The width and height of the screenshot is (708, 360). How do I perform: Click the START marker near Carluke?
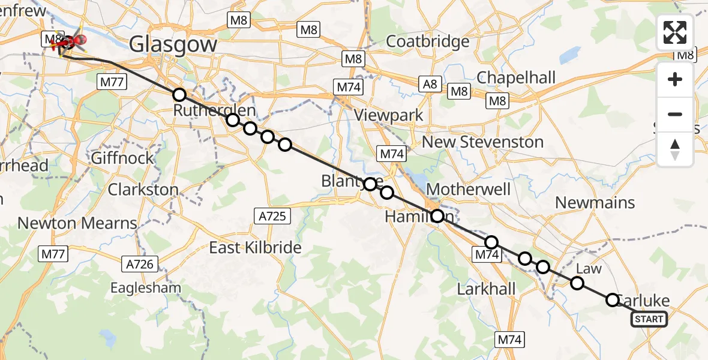click(x=649, y=319)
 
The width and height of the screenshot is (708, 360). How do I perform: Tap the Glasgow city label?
click(x=173, y=44)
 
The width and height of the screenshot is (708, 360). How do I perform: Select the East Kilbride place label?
click(x=255, y=247)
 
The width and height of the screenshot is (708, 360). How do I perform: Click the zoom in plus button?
click(x=675, y=79)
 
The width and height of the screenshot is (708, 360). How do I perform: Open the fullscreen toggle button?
click(x=675, y=32)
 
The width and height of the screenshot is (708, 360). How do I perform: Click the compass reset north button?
click(x=675, y=149)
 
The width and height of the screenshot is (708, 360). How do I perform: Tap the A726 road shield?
click(x=140, y=263)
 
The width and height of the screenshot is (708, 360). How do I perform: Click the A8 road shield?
click(x=430, y=84)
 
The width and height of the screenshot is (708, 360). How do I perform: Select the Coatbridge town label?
click(x=428, y=41)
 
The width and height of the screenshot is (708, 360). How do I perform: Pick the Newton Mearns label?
click(x=77, y=223)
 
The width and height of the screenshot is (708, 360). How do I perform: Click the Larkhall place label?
click(x=486, y=289)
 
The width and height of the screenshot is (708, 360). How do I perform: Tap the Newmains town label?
click(x=595, y=202)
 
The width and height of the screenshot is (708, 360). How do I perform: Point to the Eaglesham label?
click(x=146, y=288)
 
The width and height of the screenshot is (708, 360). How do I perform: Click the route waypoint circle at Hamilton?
click(x=437, y=216)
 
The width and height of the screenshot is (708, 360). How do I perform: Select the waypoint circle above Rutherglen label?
click(x=179, y=95)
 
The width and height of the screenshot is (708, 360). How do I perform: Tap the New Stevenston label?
click(x=483, y=142)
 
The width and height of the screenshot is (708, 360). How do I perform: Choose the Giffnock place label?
click(x=122, y=159)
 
